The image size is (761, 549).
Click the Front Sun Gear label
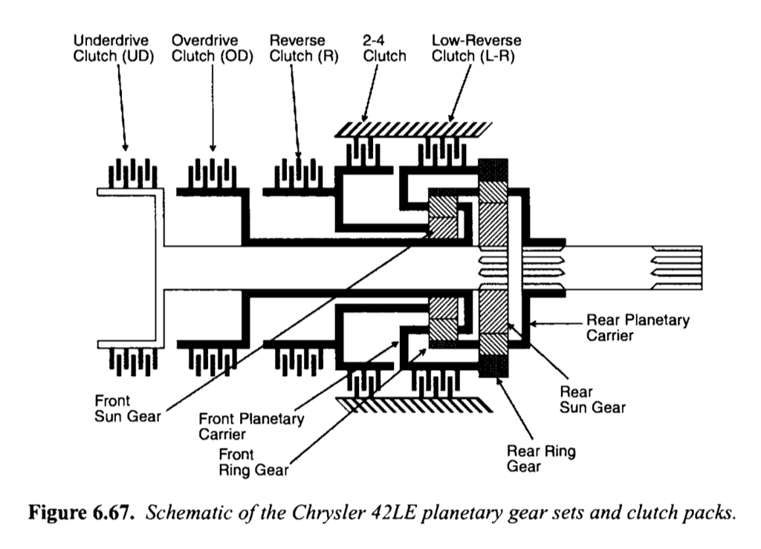pos(127,408)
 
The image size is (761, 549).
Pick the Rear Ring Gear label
pos(540,458)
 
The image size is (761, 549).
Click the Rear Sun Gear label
pos(592,399)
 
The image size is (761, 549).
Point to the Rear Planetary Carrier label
pos(638,328)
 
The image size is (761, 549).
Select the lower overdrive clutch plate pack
pos(212,360)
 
